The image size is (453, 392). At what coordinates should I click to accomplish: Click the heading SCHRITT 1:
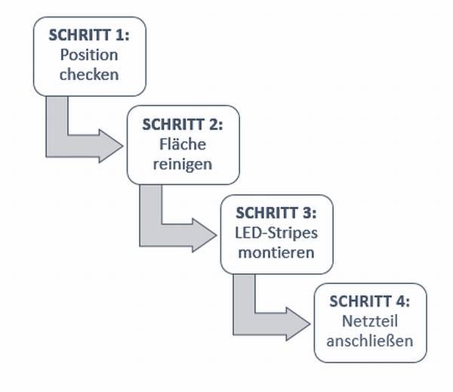89,35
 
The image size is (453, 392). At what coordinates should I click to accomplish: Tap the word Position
89,54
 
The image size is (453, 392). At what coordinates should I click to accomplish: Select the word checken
89,74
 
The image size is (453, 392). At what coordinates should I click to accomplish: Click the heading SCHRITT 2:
183,125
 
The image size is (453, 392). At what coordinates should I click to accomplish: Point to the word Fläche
183,144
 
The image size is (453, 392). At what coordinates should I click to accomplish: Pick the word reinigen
183,164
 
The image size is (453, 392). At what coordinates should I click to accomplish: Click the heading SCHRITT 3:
276,213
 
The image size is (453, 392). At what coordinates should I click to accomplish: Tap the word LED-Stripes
276,233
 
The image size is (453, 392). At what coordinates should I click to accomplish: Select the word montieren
276,253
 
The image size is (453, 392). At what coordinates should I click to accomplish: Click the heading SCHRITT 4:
370,301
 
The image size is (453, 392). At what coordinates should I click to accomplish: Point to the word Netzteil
370,321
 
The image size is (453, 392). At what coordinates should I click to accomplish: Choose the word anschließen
370,341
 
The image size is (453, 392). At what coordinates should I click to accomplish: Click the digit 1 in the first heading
119,35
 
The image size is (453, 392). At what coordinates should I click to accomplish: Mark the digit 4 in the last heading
400,301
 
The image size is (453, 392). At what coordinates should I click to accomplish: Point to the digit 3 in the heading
307,213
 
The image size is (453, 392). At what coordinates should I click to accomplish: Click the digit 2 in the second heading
213,125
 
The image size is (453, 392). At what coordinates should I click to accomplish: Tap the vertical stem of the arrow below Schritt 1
57,122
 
